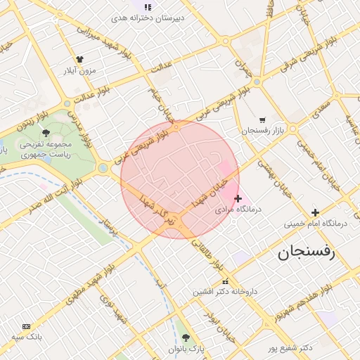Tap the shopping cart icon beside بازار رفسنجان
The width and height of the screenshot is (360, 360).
point(262,120)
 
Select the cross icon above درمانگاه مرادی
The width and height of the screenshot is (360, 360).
point(238,199)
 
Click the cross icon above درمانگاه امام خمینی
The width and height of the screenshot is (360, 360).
point(315,212)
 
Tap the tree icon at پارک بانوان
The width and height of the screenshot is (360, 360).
point(186,337)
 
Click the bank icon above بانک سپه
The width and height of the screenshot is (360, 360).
point(27,326)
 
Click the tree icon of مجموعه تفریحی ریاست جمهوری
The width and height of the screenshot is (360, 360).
point(46,132)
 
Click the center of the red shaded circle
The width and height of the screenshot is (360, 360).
point(180,179)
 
